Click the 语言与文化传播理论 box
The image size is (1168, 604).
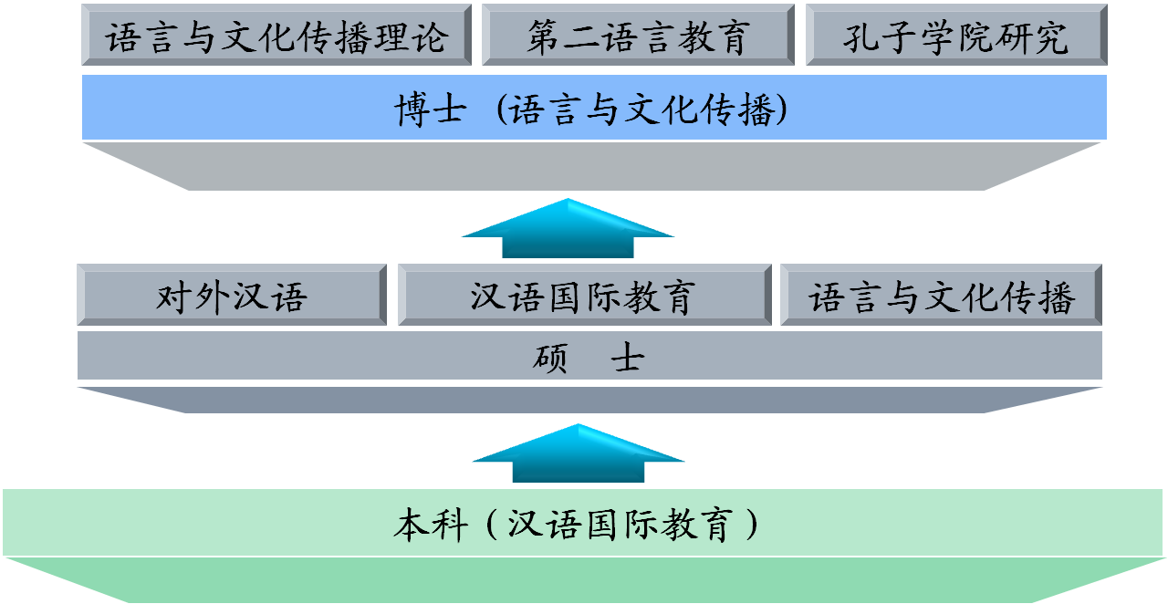point(276,36)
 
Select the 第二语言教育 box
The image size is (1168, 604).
point(637,36)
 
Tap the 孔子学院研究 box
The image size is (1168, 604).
point(955,36)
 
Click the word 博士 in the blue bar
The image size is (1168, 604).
point(431,109)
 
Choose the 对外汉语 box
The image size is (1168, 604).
point(232,296)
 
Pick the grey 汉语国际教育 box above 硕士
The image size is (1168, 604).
point(584,296)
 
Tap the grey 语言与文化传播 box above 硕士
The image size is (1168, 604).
point(941,296)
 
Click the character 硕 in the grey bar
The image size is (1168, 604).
point(551,358)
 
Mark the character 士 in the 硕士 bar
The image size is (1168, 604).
point(627,358)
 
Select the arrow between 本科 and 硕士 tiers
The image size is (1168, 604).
point(578,454)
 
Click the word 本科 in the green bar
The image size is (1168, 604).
point(431,525)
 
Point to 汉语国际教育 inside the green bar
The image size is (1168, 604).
point(620,525)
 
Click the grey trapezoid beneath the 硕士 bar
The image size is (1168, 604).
point(589,400)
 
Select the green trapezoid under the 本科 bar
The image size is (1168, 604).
point(584,579)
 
